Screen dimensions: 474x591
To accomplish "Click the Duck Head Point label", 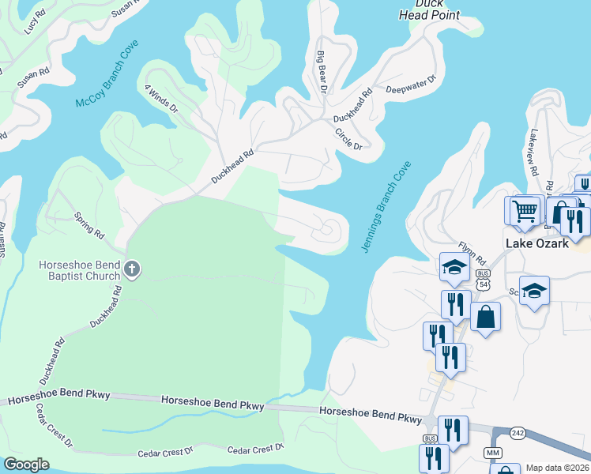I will click(427, 9).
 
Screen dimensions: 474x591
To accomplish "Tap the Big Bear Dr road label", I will click(322, 72).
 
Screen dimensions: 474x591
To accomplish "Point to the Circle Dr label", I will click(348, 139).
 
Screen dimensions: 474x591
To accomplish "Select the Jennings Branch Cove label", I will click(386, 207).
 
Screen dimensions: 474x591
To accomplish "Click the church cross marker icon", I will click(132, 271).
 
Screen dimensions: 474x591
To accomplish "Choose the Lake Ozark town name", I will click(537, 243).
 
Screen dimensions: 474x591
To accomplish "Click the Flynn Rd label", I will click(472, 253).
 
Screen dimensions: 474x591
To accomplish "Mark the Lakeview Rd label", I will click(534, 152).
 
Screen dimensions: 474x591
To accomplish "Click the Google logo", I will click(26, 465).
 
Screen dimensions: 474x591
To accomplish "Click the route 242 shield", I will click(517, 432).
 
